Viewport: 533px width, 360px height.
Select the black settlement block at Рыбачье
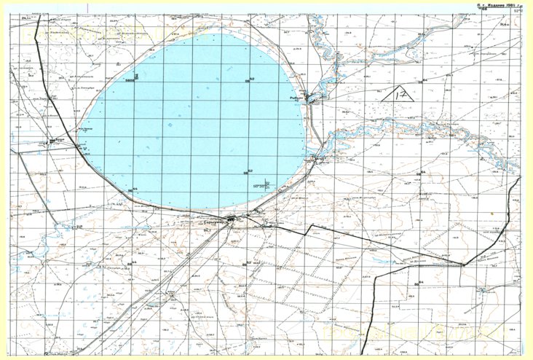point(313,98)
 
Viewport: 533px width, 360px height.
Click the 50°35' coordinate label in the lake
point(260,186)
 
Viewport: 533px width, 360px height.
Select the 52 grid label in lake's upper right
point(251,79)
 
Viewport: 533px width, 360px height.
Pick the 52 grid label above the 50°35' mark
point(249,172)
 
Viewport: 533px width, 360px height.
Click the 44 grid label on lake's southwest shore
point(135,190)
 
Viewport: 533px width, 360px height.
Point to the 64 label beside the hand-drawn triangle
point(425,80)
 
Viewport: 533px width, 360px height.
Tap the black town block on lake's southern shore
point(231,219)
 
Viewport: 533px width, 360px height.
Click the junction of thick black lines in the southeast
point(462,265)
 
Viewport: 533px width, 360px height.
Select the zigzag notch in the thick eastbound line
point(309,230)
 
